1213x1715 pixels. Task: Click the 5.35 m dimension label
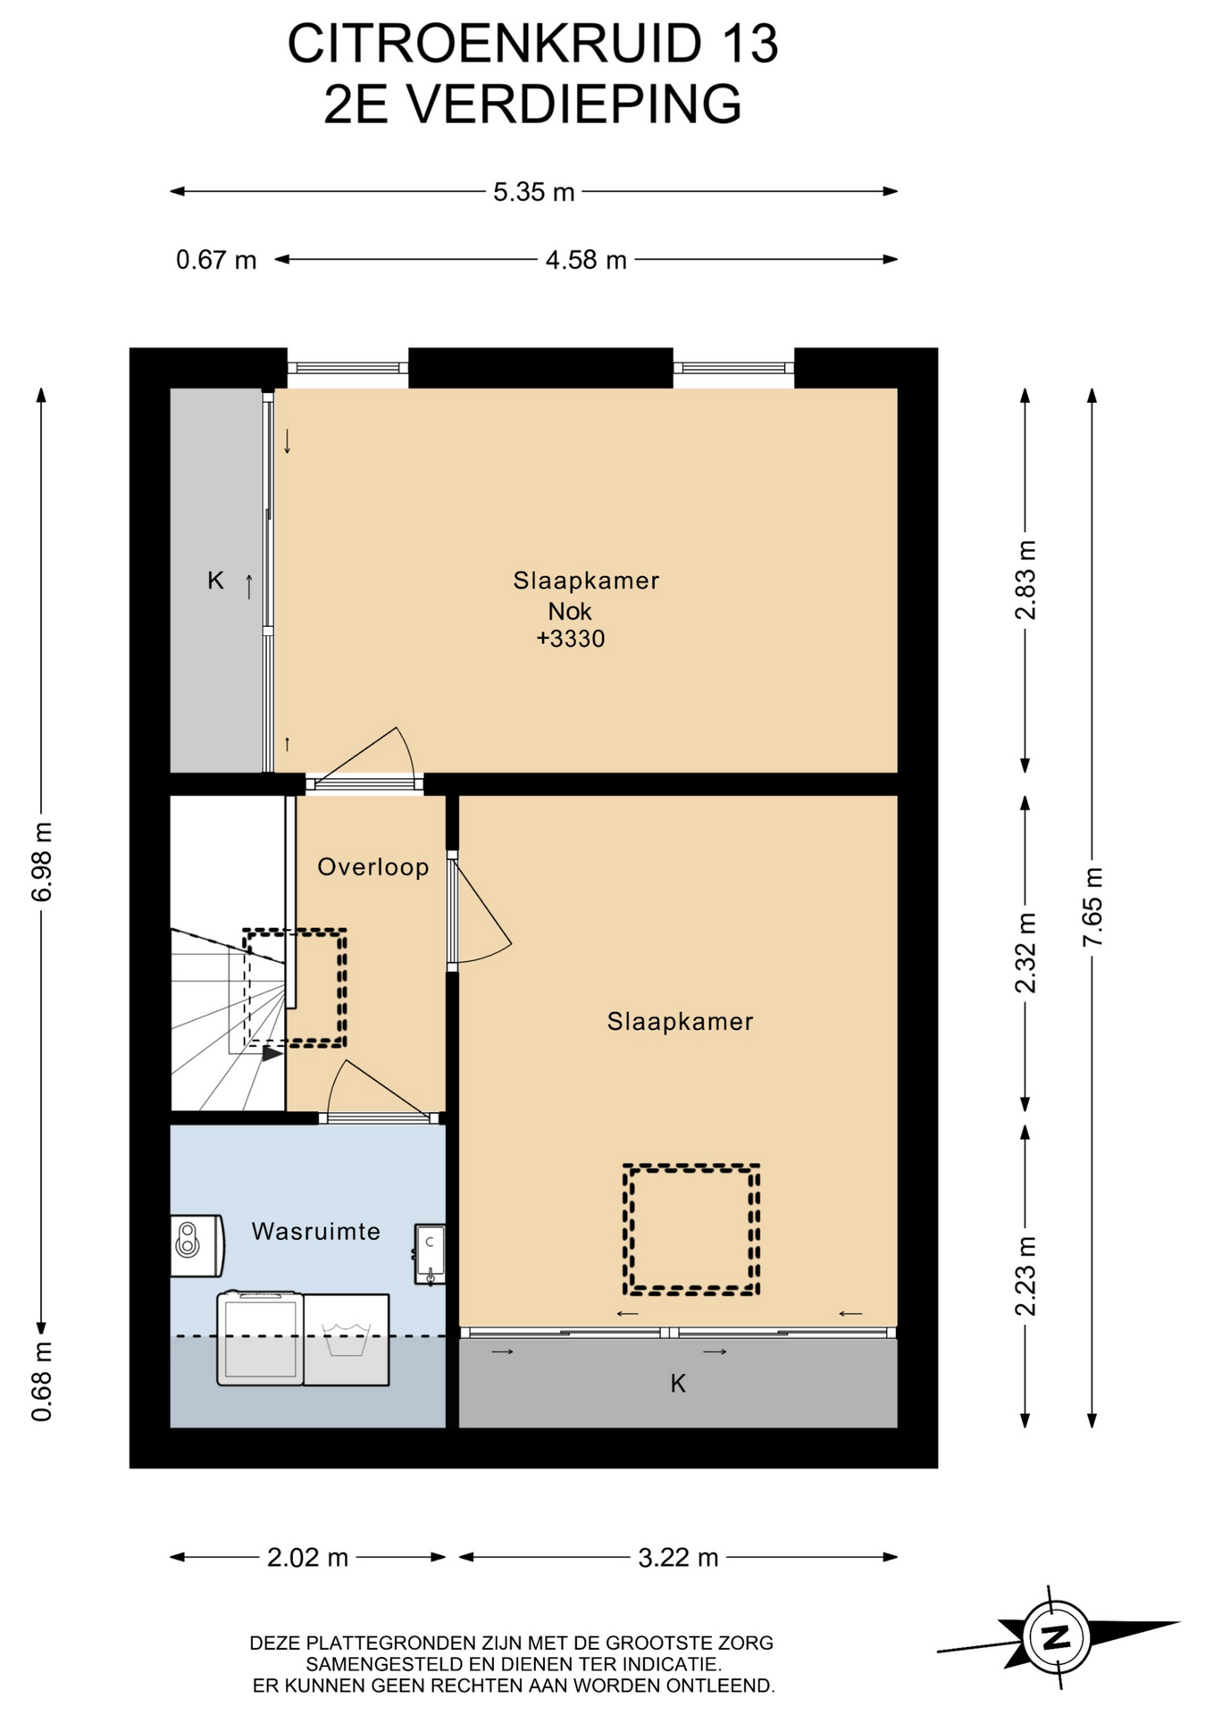click(x=533, y=192)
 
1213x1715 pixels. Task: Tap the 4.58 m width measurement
click(x=586, y=260)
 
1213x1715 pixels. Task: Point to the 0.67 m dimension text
click(x=216, y=260)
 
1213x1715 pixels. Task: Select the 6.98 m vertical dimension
click(x=42, y=861)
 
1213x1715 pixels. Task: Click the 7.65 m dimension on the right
click(x=1092, y=907)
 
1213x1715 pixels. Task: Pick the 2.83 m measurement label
click(x=1025, y=580)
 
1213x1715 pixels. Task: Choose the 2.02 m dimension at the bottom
click(x=307, y=1557)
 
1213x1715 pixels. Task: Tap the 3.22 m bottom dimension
click(x=678, y=1557)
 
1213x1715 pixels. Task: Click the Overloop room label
click(x=373, y=866)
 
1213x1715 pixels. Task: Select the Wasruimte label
click(x=316, y=1231)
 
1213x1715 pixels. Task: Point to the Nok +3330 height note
click(x=571, y=624)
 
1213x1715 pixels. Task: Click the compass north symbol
click(x=1058, y=1636)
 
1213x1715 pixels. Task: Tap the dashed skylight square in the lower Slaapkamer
click(x=690, y=1167)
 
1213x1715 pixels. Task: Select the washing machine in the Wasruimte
click(x=260, y=1338)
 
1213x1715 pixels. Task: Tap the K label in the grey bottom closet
click(x=678, y=1384)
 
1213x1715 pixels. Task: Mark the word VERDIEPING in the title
click(x=574, y=105)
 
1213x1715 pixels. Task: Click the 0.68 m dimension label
click(x=42, y=1380)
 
